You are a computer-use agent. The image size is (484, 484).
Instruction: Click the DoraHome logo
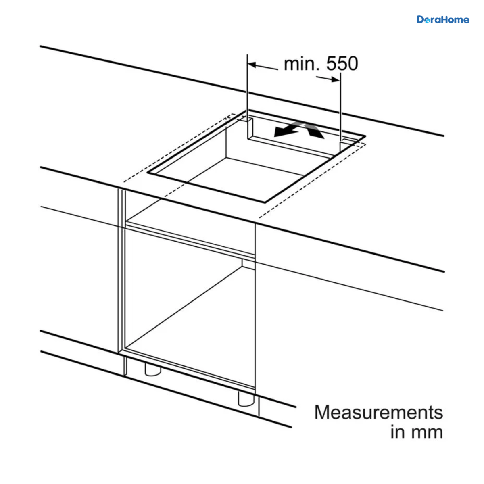[x=443, y=20]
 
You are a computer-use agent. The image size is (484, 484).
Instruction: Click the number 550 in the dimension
[x=342, y=64]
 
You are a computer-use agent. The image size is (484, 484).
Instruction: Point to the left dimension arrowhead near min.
[x=252, y=65]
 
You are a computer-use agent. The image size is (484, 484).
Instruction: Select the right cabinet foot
[x=246, y=399]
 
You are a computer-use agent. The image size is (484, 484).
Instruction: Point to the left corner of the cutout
[x=148, y=172]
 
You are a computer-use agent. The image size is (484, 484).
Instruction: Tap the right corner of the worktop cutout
[x=365, y=136]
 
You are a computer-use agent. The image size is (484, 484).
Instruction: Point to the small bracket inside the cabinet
[x=248, y=264]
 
